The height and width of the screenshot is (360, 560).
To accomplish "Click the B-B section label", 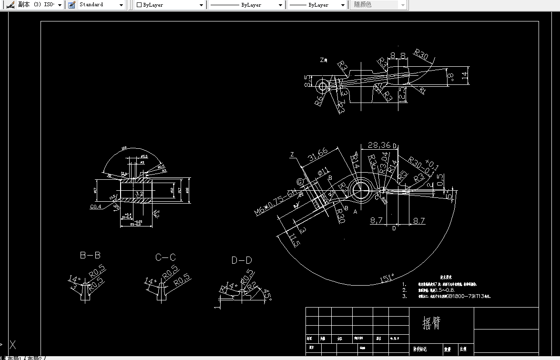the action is click(x=90, y=256).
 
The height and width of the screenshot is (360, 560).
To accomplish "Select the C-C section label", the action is click(x=165, y=257).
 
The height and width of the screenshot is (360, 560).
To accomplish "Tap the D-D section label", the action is click(x=242, y=260).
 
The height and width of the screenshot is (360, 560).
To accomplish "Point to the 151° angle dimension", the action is click(x=387, y=278).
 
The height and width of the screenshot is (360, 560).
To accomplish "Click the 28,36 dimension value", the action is click(x=379, y=145).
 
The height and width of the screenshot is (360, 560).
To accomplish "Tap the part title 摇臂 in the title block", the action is click(x=431, y=323).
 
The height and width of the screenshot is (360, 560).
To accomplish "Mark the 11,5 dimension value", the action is click(x=294, y=238).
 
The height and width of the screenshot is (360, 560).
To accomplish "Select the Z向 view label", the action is click(x=324, y=61).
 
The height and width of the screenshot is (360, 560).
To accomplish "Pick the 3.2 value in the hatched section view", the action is click(x=139, y=194).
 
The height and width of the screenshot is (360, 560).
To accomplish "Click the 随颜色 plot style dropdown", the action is click(x=379, y=5).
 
